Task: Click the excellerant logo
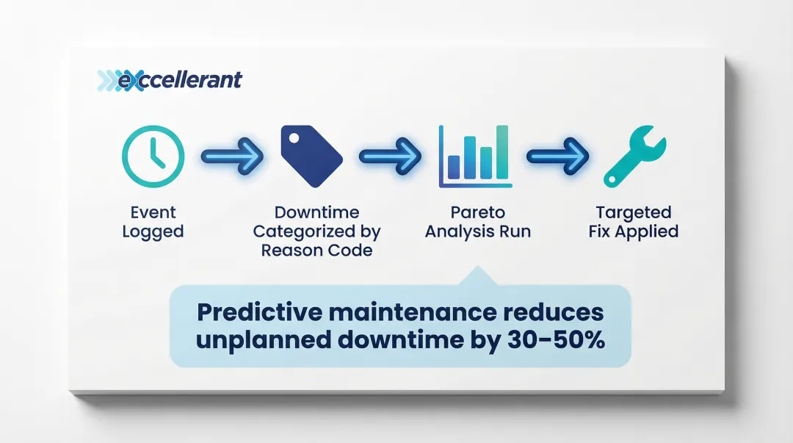170,81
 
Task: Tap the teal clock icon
153,156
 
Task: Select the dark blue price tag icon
311,156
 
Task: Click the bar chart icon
475,156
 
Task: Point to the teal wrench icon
634,156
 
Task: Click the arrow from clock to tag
232,156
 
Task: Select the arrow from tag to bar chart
390,156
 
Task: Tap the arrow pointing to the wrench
557,156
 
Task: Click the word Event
153,212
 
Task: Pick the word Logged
153,232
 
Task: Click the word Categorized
303,231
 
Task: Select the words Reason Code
316,250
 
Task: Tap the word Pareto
478,212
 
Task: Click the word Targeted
633,212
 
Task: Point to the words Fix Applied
633,231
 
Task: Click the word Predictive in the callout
259,312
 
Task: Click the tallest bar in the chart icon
502,152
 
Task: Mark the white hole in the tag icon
294,137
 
